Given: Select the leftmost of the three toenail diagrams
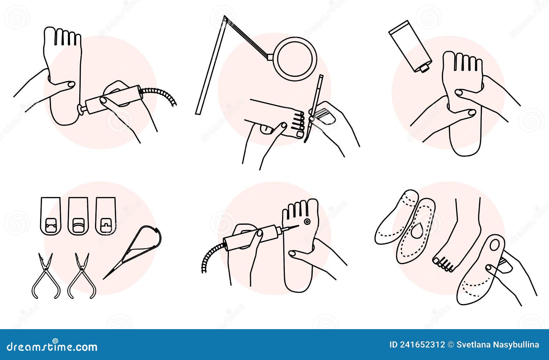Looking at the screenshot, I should tap(50, 216).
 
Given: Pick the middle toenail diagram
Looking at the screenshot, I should tap(78, 216).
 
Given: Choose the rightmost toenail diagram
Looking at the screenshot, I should tap(105, 216).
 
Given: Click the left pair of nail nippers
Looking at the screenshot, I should tap(46, 276).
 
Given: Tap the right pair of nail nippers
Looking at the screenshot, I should tap(82, 276).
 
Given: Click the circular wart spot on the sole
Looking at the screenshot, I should tap(306, 222).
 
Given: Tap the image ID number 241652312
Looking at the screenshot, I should tap(425, 345).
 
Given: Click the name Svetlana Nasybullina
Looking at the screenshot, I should tap(498, 345).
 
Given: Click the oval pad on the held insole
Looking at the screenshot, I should tap(495, 245).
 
